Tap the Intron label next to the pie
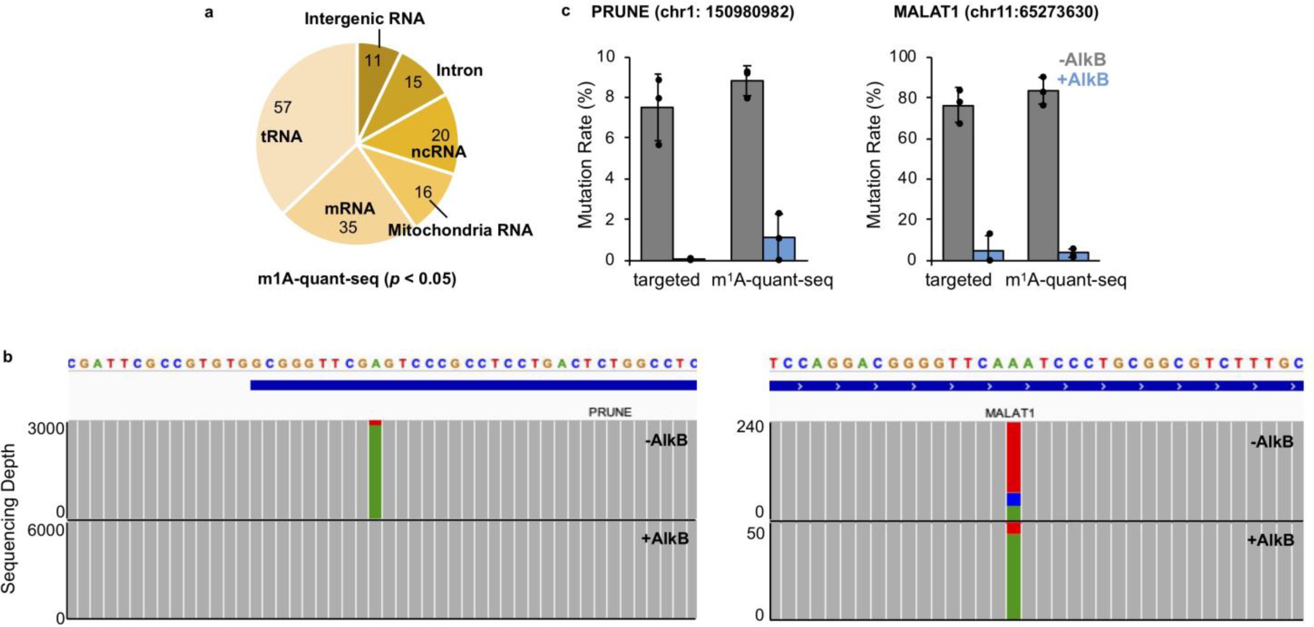[x=459, y=70]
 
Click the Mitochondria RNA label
[x=460, y=230]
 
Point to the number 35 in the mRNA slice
[x=348, y=227]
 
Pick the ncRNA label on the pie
[x=438, y=152]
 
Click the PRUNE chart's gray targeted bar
[x=657, y=185]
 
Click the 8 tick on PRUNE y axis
[x=609, y=97]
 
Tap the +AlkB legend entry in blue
[x=1083, y=80]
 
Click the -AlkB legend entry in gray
[x=1083, y=59]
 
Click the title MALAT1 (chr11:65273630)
[x=995, y=12]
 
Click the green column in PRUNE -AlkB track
[x=375, y=473]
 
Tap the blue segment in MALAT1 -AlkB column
[x=1013, y=499]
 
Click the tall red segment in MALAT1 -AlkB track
[x=1013, y=456]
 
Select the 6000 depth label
[x=46, y=530]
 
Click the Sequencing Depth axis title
[x=9, y=519]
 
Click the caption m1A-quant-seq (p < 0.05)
[x=357, y=279]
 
